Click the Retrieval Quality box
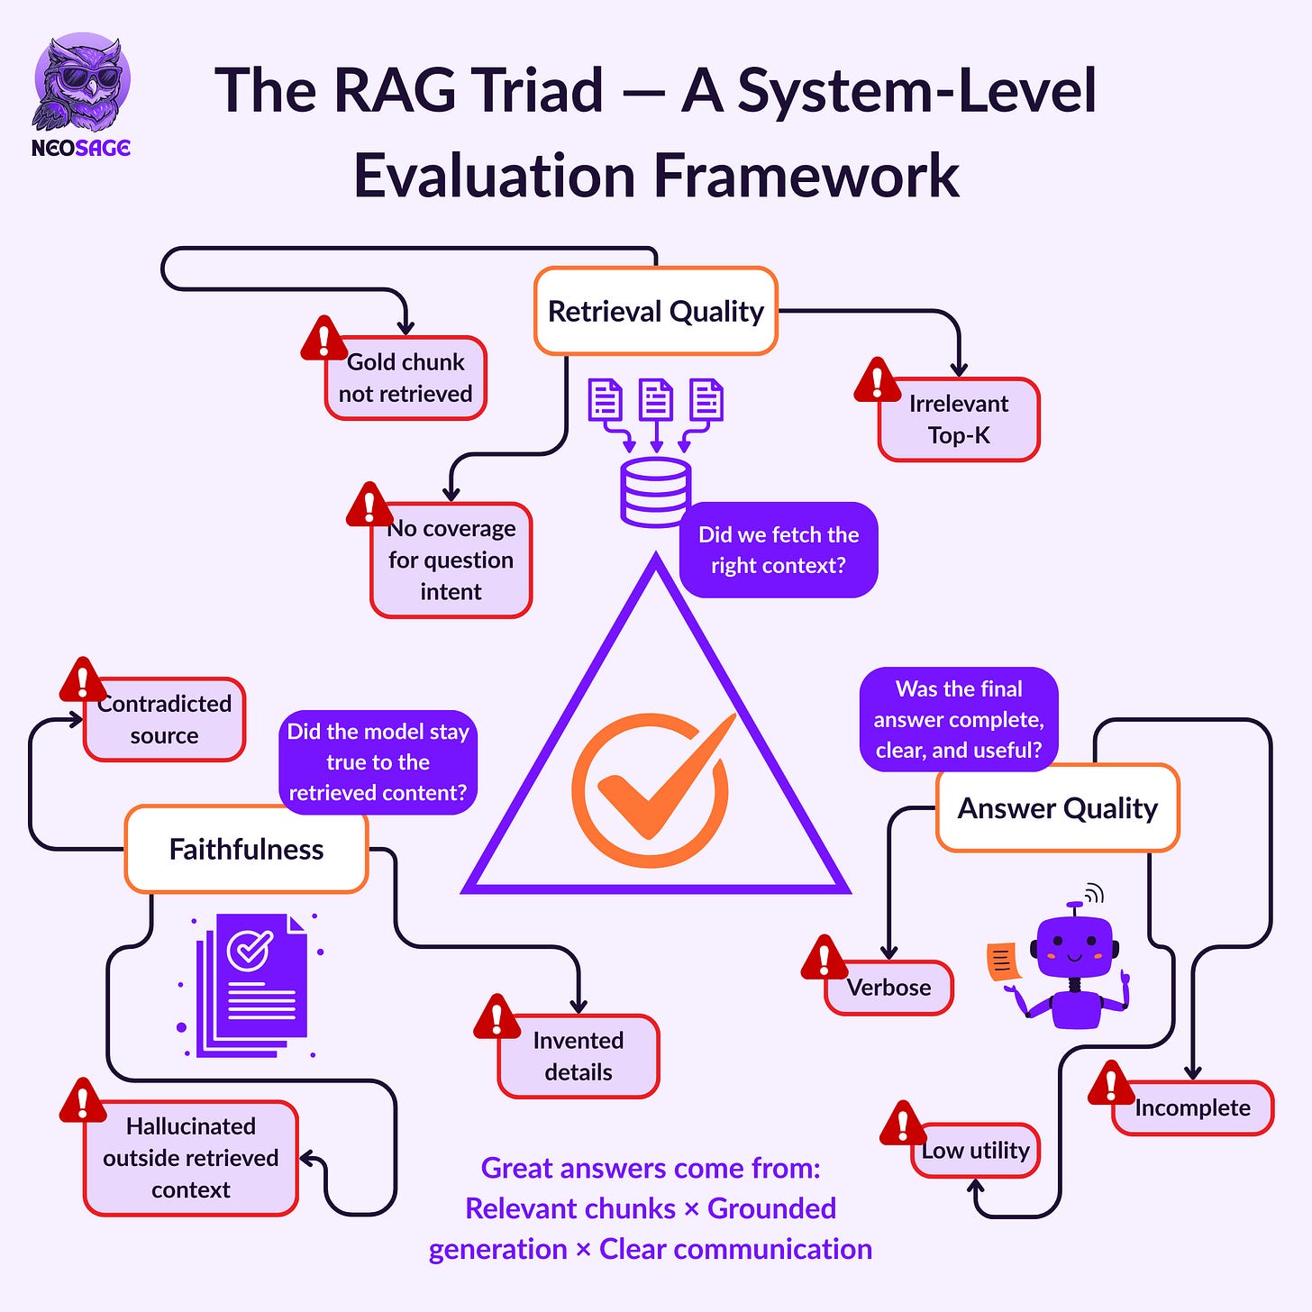[655, 311]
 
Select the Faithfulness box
[246, 850]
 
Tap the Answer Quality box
[1057, 808]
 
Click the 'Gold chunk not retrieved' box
[405, 378]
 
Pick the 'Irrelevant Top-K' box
[959, 420]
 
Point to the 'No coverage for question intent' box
[451, 560]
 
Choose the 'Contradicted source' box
[164, 720]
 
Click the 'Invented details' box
[579, 1057]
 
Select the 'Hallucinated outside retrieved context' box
[191, 1158]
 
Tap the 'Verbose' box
[889, 988]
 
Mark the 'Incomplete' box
[1192, 1107]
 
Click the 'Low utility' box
[976, 1151]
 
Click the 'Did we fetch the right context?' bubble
[779, 550]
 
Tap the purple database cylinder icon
[655, 492]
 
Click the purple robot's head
[1074, 947]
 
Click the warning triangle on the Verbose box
[824, 959]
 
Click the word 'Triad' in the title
[538, 91]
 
